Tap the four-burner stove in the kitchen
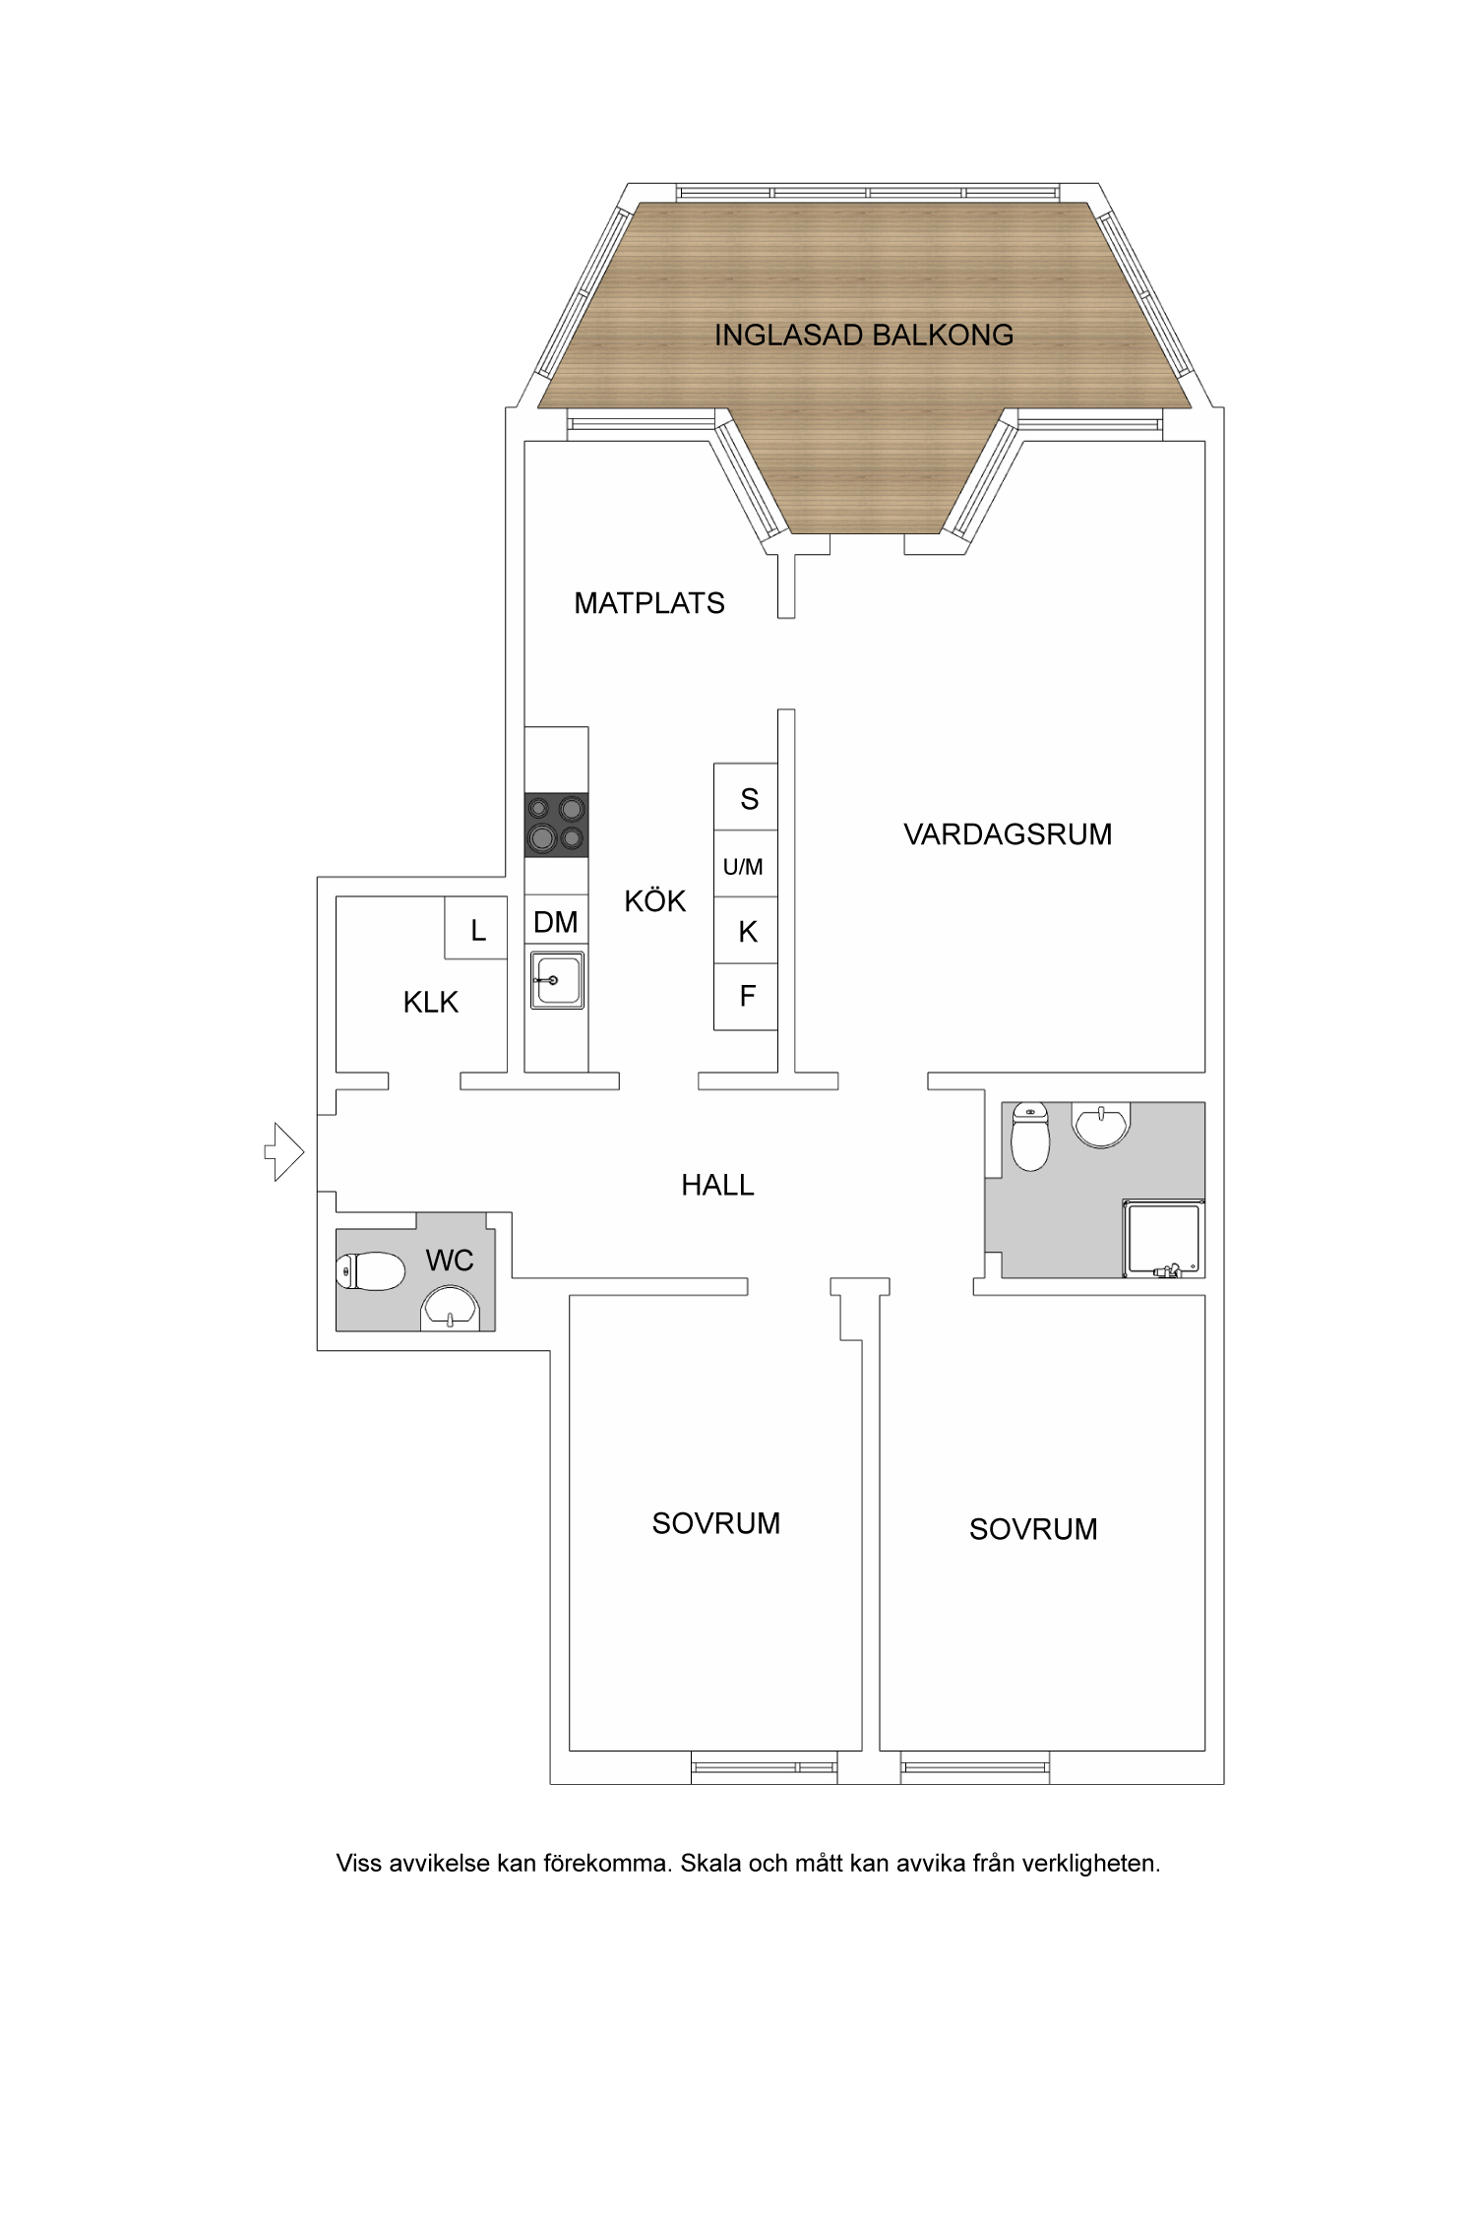(x=556, y=825)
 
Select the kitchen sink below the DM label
(x=557, y=980)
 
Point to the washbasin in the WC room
(x=450, y=1312)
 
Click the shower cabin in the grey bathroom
(x=1164, y=1239)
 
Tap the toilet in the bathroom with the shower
(x=1029, y=1139)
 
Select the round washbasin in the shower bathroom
(x=1101, y=1124)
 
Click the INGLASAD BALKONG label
(x=863, y=336)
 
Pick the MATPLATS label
(x=649, y=603)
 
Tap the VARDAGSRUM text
(x=1008, y=834)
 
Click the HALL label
(x=717, y=1185)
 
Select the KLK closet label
(x=431, y=1002)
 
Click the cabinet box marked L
(x=477, y=928)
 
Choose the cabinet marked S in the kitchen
(x=747, y=798)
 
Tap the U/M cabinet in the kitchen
(x=745, y=866)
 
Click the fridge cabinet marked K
(x=747, y=931)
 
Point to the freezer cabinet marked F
(x=747, y=996)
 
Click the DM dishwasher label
(x=556, y=921)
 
